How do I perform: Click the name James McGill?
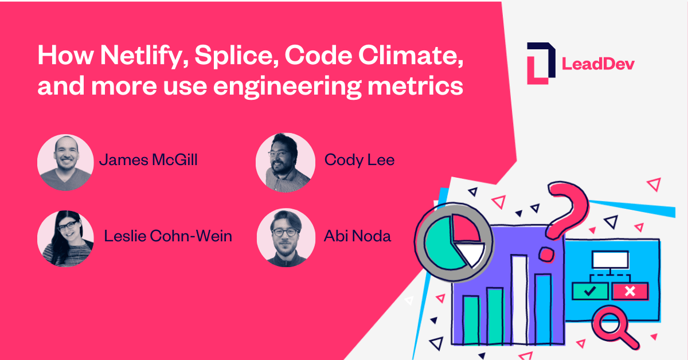(x=148, y=160)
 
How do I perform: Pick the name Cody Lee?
(x=359, y=160)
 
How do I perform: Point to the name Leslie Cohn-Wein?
(x=168, y=236)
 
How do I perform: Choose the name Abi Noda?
(x=358, y=236)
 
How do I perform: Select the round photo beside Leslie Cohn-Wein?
(x=65, y=238)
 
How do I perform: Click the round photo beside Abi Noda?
(x=286, y=238)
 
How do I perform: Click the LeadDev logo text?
(x=598, y=64)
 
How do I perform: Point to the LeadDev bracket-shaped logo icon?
(x=541, y=63)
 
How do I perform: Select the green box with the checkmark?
(x=589, y=291)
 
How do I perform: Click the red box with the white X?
(x=630, y=291)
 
